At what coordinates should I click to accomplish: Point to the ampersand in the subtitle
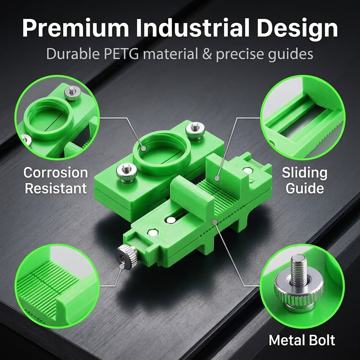click(207, 54)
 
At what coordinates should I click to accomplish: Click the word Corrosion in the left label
click(56, 172)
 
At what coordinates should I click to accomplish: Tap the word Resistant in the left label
click(56, 188)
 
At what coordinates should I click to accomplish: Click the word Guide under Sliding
click(305, 188)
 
